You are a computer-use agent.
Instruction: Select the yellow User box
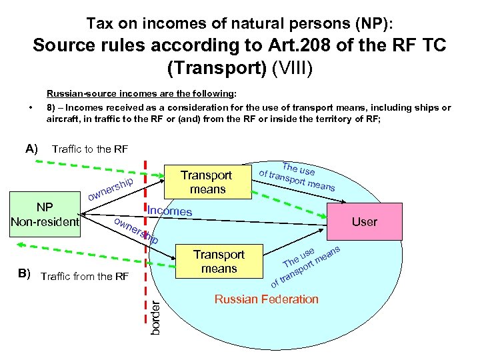click(364, 221)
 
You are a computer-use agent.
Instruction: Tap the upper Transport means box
click(206, 182)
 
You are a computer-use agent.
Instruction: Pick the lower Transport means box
click(219, 261)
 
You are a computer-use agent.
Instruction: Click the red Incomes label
click(169, 211)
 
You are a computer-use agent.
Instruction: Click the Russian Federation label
click(266, 299)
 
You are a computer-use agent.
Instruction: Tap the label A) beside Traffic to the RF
click(31, 148)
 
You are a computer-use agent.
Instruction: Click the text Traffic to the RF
click(89, 149)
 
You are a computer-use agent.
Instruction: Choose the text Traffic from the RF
click(84, 276)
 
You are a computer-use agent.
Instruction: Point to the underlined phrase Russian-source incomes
click(91, 95)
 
